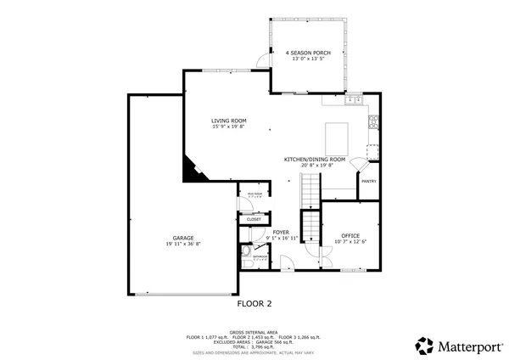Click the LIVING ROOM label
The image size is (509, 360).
pos(228,121)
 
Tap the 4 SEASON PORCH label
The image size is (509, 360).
pos(309,53)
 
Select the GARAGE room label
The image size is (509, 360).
pos(183,238)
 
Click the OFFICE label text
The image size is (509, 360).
pos(350,234)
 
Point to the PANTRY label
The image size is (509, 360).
pos(369,181)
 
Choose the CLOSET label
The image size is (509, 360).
pos(254,220)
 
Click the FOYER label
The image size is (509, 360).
pos(281,232)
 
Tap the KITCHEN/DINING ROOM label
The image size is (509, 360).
pos(314,159)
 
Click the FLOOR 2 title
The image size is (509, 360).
pos(254,301)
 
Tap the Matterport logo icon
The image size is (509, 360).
pos(423,345)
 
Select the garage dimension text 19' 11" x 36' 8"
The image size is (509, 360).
pos(183,244)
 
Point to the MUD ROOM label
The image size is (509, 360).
pos(255,194)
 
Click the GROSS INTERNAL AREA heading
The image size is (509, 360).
pos(254,332)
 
